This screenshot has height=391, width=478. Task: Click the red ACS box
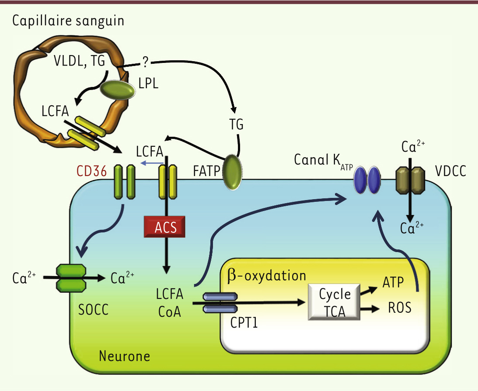166,227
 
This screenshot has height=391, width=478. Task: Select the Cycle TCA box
335,302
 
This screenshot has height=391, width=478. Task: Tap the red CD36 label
91,171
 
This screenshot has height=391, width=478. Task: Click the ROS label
400,308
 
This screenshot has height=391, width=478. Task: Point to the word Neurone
124,356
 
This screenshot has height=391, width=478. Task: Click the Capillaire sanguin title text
68,21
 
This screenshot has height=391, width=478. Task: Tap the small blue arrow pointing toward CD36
150,163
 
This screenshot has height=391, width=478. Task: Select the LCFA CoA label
168,302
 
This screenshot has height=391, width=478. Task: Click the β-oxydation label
267,276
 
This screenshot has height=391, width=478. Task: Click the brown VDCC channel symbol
410,180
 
